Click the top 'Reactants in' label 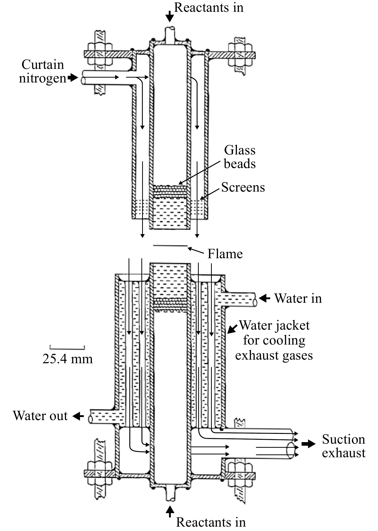(x=209, y=7)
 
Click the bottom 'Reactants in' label (x=211, y=522)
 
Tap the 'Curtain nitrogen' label (x=43, y=71)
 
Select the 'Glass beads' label (x=240, y=157)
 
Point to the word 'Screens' (x=243, y=187)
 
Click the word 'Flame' (x=225, y=254)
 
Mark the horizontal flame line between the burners (x=170, y=246)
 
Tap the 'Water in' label (x=298, y=298)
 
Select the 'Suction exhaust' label (x=343, y=446)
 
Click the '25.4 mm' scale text (x=68, y=359)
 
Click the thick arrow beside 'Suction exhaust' (x=308, y=444)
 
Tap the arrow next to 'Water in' (x=264, y=298)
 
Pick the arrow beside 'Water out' (x=78, y=416)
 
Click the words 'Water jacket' (x=275, y=326)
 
